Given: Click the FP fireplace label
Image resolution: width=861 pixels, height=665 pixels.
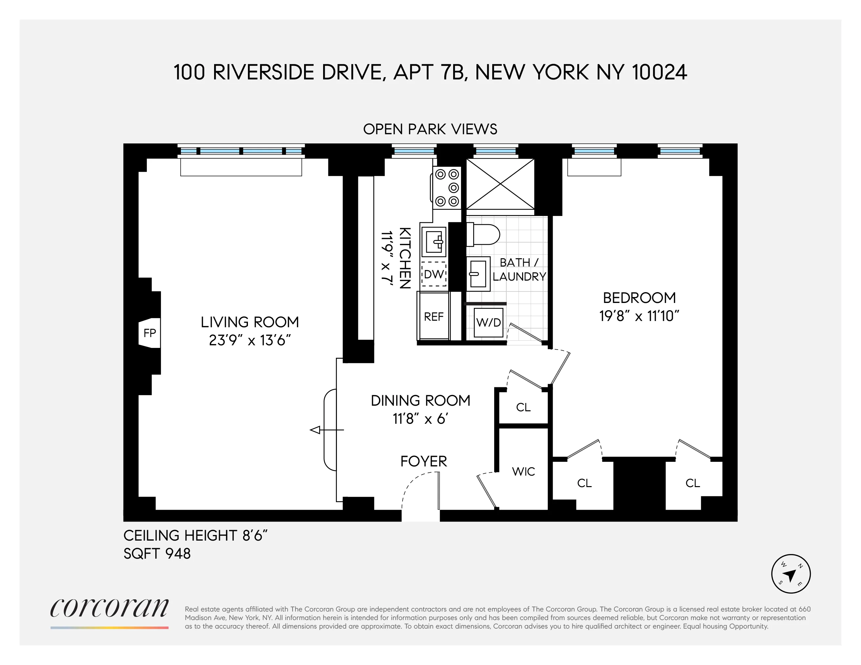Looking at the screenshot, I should point(149,333).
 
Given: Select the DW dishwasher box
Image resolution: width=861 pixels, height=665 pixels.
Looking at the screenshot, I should point(434,274).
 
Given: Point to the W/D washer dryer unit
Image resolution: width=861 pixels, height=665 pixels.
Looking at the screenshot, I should point(488,323).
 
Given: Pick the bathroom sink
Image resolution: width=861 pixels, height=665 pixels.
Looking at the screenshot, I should point(478,274).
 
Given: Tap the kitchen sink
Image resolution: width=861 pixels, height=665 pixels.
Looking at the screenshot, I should point(434,242).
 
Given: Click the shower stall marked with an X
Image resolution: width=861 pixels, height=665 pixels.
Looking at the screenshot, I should point(500,184).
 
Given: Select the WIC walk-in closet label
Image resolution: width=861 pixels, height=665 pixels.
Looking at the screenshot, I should point(523,472).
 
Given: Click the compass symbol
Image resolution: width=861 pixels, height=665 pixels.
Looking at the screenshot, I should point(790,574).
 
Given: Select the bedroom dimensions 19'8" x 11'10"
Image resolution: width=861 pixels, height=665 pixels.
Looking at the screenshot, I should point(639,316).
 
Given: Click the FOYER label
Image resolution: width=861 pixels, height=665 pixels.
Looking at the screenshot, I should point(423,461).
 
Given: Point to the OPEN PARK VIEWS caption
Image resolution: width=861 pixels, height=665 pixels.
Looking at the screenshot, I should point(430,129).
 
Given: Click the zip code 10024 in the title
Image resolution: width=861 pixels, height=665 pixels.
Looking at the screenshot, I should point(659,73).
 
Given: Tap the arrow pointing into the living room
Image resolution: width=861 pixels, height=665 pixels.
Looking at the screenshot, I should point(315,430).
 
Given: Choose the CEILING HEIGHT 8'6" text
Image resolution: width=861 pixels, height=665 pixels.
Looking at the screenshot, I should point(195,536).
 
